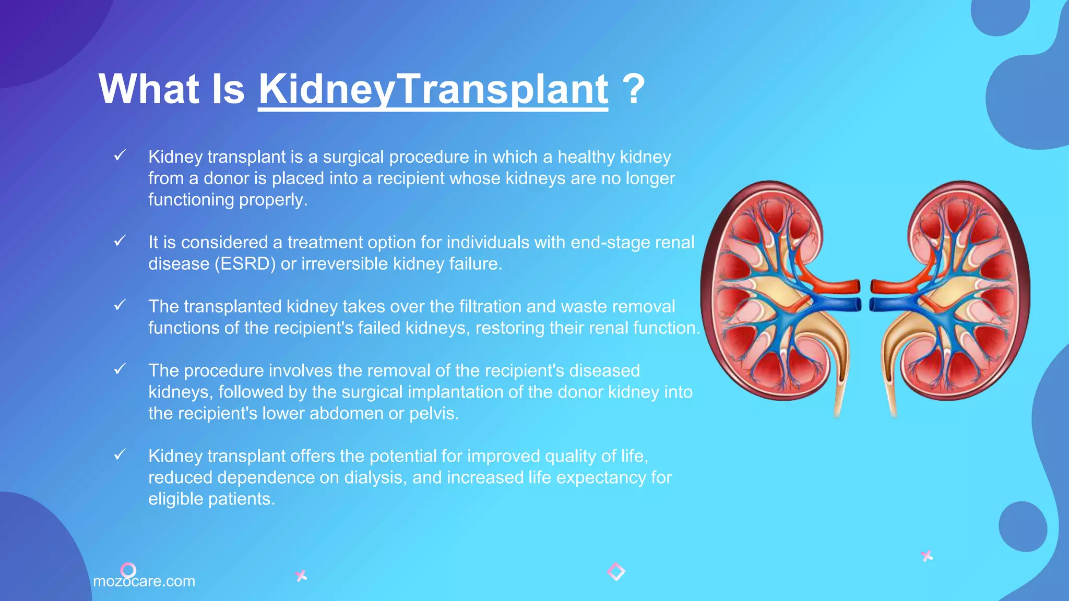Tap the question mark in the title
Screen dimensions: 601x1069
pyautogui.click(x=634, y=89)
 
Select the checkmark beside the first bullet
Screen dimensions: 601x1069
pyautogui.click(x=120, y=155)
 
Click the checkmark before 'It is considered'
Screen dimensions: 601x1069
pyautogui.click(x=120, y=241)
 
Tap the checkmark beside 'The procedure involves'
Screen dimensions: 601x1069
pyautogui.click(x=120, y=369)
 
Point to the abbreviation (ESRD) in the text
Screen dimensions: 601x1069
pyautogui.click(x=245, y=264)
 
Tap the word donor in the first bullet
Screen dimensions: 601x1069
pyautogui.click(x=227, y=178)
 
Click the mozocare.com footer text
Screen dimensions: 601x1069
pyautogui.click(x=144, y=581)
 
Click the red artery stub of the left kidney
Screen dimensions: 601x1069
pyautogui.click(x=840, y=286)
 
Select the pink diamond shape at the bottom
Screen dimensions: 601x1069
pyautogui.click(x=616, y=572)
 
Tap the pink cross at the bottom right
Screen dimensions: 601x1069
pyautogui.click(x=927, y=556)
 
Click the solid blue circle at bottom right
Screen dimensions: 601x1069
pyautogui.click(x=1023, y=526)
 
